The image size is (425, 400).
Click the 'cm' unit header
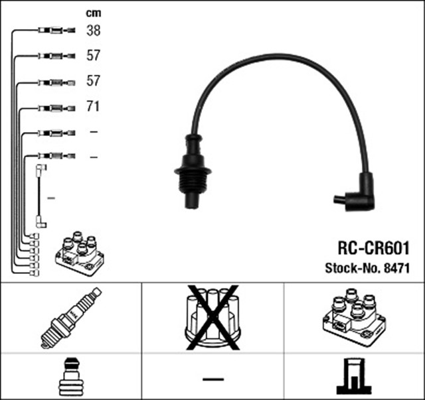(x=93, y=13)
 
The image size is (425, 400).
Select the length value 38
(x=93, y=31)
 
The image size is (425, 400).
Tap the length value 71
(x=93, y=106)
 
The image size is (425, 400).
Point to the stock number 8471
(x=395, y=269)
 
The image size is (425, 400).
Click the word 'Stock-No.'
(x=351, y=269)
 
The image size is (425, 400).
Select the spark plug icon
(x=70, y=318)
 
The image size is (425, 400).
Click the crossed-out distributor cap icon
(x=212, y=318)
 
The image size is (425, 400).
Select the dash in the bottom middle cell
(x=212, y=379)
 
